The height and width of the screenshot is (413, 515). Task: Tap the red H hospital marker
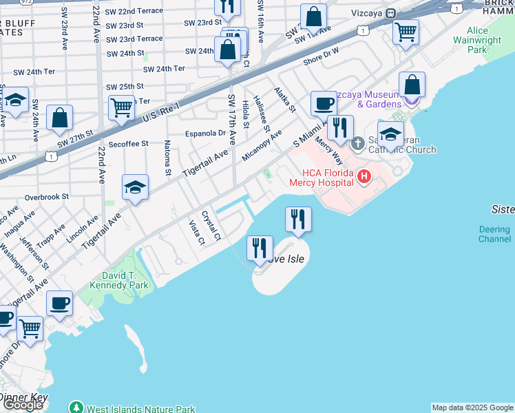[x=364, y=178]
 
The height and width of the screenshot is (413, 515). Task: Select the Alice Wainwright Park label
[x=487, y=41]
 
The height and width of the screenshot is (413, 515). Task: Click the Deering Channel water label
[x=494, y=234]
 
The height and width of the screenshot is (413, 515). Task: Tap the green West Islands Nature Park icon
[x=76, y=408]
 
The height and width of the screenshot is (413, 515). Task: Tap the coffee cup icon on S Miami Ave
[x=323, y=105]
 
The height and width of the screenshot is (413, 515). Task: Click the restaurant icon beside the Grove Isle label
[x=260, y=248]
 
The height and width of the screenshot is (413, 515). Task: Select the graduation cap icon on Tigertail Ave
[x=136, y=187]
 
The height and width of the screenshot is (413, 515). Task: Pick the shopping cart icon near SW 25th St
[x=121, y=108]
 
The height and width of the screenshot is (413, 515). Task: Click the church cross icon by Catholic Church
[x=357, y=143]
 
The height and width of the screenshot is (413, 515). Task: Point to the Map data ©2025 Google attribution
[x=473, y=407]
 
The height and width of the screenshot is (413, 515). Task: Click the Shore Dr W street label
[x=322, y=55]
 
